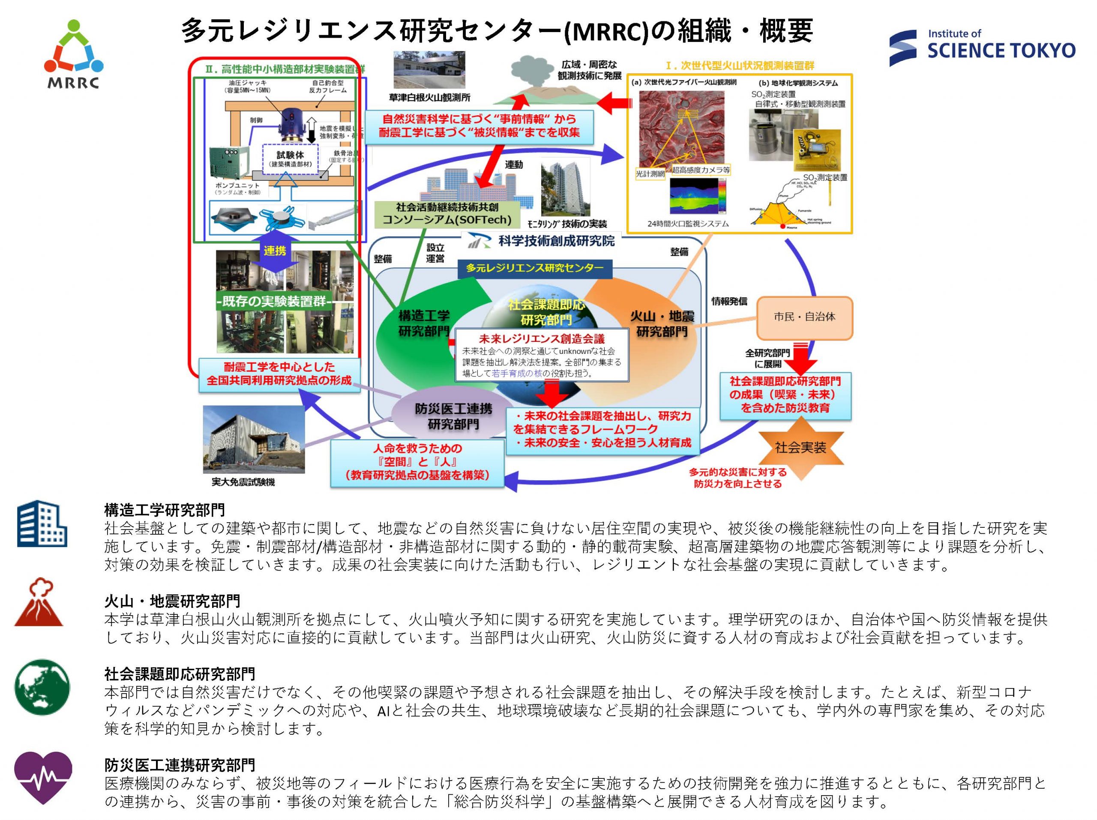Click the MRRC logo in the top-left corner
(x=73, y=54)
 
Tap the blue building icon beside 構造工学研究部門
(x=42, y=524)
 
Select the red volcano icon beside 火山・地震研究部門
(x=39, y=602)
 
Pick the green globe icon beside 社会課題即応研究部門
(x=42, y=687)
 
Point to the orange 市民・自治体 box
(x=804, y=317)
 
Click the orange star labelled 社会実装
(x=800, y=448)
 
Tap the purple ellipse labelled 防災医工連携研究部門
(x=453, y=416)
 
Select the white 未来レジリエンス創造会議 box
(x=542, y=355)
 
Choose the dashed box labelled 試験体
(x=290, y=158)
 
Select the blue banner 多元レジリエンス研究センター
(x=535, y=268)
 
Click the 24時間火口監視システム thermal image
(x=697, y=196)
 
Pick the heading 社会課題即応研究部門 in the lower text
(x=180, y=674)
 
